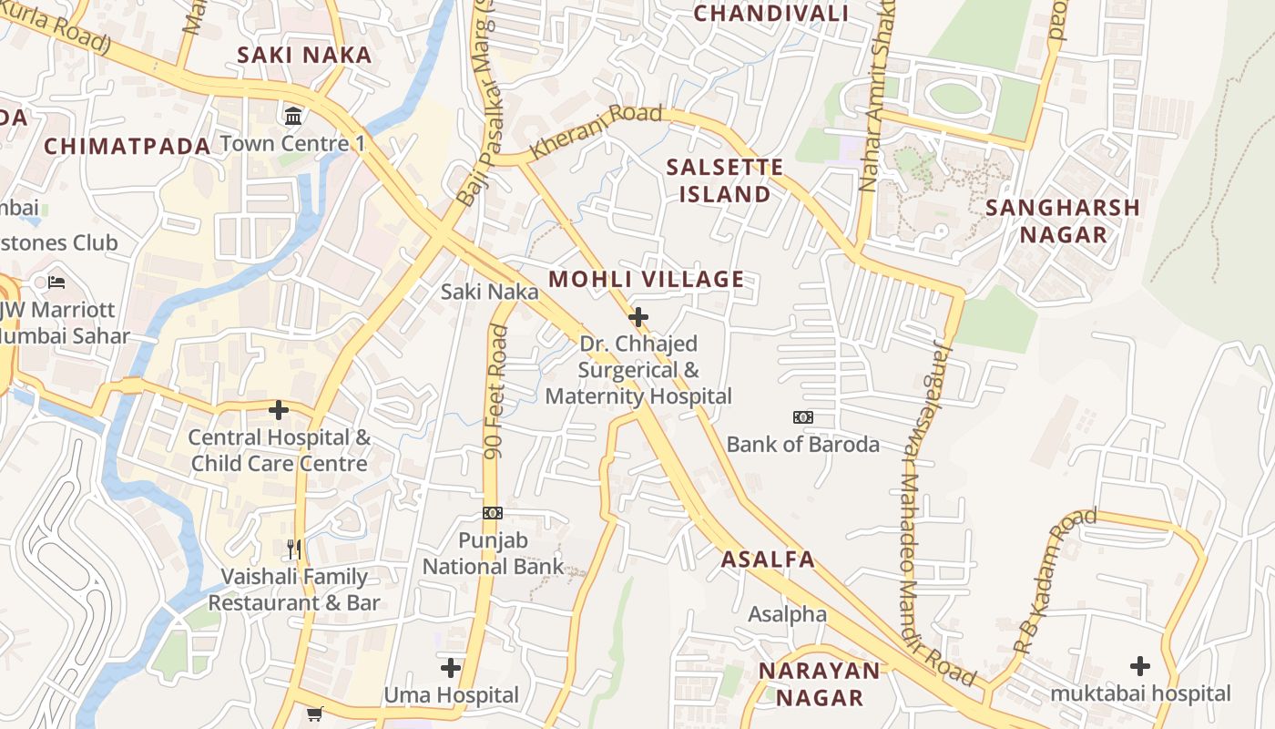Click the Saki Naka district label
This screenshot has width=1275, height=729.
304,55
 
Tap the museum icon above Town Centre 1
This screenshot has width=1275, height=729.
294,117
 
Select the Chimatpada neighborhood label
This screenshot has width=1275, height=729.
127,146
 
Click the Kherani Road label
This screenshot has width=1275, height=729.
596,132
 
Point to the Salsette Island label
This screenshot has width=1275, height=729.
724,180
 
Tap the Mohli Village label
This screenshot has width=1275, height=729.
647,280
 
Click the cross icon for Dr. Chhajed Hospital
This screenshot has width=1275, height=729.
638,317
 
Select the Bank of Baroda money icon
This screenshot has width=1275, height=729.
802,417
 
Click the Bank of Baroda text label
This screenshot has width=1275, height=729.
802,445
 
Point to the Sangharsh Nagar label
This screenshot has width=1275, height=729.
1063,221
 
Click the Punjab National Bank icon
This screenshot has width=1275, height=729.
493,513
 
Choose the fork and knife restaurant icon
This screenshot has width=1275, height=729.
293,549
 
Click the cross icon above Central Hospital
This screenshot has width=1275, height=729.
279,410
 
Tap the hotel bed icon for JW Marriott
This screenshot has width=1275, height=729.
56,282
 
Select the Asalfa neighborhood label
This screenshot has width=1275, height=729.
768,560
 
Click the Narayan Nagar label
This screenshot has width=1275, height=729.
819,684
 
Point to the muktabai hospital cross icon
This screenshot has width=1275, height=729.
1139,665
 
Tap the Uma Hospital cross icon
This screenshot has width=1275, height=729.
451,668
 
